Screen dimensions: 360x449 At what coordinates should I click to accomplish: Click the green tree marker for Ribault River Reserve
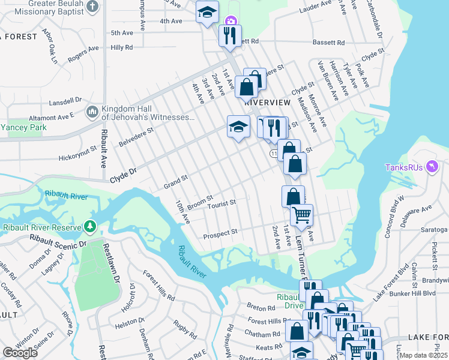90,227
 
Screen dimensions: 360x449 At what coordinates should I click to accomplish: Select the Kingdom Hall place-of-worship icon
92,112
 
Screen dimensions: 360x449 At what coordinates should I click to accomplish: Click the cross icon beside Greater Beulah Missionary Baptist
92,7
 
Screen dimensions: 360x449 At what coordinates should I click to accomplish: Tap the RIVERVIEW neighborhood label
268,103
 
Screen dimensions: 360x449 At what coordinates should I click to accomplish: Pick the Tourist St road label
221,204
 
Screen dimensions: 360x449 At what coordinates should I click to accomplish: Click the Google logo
20,353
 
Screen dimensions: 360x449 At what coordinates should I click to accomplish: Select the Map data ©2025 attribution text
423,355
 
